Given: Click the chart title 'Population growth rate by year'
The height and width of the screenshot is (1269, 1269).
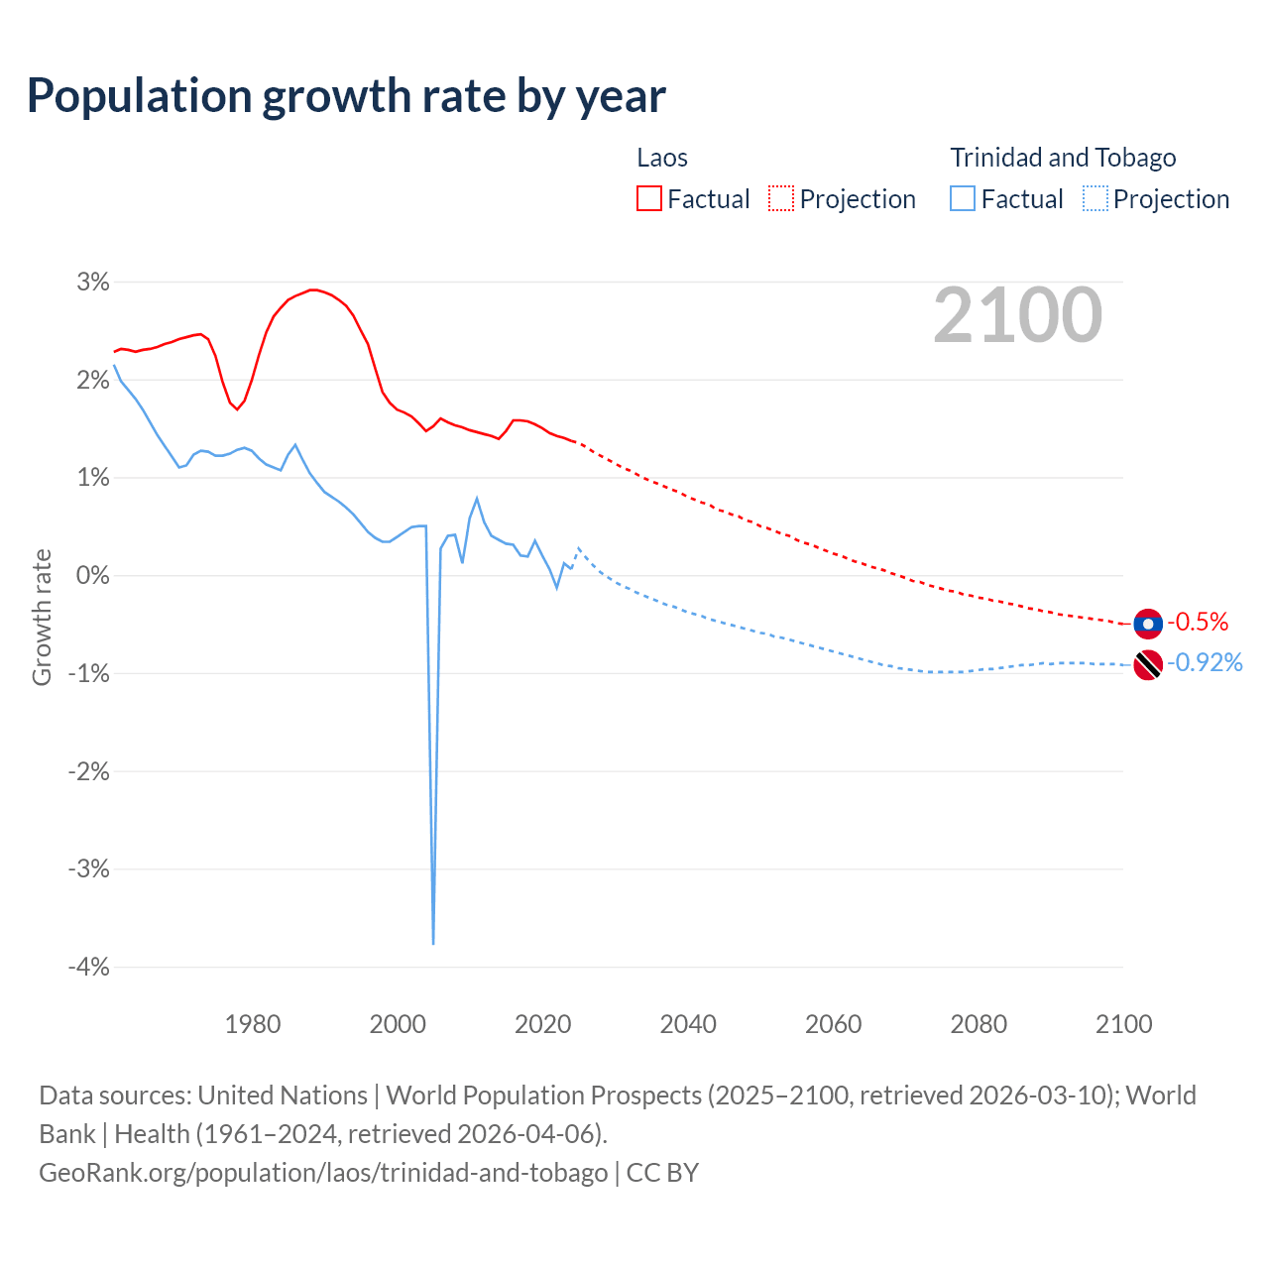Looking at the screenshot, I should pos(346,96).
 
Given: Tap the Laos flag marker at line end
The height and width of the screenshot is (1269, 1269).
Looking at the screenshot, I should pos(1148,624).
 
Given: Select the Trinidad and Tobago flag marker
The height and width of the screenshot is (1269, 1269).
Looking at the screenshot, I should pos(1148,664).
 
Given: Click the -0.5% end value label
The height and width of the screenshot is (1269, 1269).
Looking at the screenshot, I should pos(1199,623).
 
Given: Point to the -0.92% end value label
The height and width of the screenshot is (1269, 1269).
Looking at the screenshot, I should pos(1205,663).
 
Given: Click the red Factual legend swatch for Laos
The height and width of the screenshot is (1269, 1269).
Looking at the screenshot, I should pos(649,199).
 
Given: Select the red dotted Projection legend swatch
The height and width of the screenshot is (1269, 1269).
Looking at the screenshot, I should pos(781,199).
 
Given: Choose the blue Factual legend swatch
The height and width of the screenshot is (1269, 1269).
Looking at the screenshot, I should pos(963,199).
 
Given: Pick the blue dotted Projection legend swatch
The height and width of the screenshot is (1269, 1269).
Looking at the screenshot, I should pos(1095,199).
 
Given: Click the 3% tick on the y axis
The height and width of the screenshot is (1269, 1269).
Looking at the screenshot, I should pos(93,283).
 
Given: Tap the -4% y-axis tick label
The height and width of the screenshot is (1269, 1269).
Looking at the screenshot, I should pos(88,967).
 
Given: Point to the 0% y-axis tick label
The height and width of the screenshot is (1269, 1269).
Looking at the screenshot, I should pos(93,576).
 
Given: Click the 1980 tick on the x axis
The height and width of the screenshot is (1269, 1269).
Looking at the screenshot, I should pos(253,1024).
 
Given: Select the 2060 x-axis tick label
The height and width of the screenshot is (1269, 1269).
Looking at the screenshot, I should pos(834,1024).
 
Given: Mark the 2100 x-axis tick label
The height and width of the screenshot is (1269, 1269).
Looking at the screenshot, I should pos(1124,1024).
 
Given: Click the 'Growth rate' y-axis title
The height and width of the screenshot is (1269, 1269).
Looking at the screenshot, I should pos(42,617).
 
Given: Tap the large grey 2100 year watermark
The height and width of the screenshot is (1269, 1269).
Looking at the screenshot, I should pos(1017,315).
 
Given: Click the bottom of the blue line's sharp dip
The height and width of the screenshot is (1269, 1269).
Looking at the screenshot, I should pos(433,942).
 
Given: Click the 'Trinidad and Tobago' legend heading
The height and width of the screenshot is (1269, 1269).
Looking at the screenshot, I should pos(1063,158).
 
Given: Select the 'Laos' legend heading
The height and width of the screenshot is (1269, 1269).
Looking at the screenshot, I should pos(662,158).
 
